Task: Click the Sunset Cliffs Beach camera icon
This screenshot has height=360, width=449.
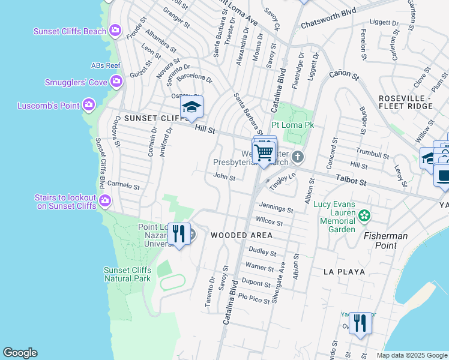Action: (x=115, y=31)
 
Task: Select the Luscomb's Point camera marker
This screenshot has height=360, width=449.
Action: (x=89, y=106)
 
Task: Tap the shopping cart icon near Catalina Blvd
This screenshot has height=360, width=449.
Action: (x=264, y=153)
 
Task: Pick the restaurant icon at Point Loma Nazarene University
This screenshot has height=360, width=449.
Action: (x=178, y=234)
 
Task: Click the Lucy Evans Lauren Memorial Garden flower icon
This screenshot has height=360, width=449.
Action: (x=363, y=215)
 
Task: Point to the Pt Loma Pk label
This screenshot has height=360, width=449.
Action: (x=293, y=125)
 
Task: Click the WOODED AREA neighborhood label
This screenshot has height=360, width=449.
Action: (x=237, y=236)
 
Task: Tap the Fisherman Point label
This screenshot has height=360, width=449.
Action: (x=385, y=241)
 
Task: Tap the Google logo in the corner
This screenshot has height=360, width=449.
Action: (x=20, y=353)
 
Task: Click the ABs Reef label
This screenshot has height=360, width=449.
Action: (x=106, y=65)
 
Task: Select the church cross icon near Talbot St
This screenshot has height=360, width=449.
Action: (x=298, y=158)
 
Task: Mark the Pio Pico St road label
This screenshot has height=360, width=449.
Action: (x=254, y=298)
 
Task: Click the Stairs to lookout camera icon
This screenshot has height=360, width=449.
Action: (x=105, y=200)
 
